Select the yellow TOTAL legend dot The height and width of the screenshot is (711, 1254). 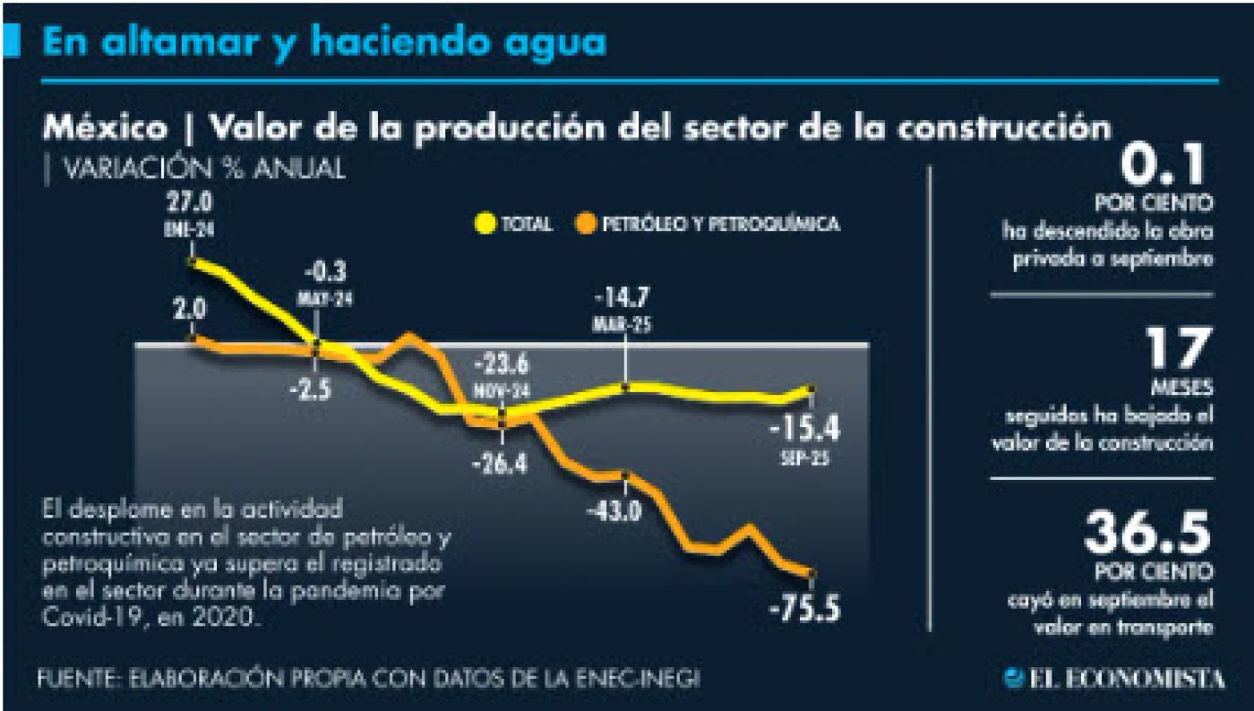coord(485,223)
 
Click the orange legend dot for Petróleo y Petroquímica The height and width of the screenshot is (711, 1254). coord(587,223)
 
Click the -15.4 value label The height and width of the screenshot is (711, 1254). coord(804,431)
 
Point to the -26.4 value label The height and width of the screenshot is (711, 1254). coord(502,463)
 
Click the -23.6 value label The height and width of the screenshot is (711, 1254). coord(502,367)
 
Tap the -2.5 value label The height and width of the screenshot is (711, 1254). coord(315,390)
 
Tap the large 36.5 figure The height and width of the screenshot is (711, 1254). coord(1147,534)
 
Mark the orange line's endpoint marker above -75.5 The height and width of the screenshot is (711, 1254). coord(812,574)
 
